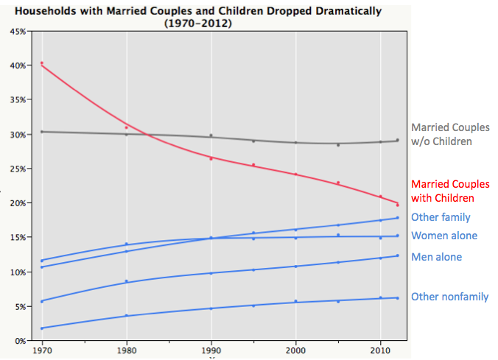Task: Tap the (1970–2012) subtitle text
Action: (x=198, y=24)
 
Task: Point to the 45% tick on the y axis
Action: (x=18, y=31)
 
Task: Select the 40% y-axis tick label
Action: (x=18, y=66)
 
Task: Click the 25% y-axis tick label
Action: (x=18, y=169)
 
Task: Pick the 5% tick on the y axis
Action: (x=20, y=306)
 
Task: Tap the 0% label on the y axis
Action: (x=20, y=340)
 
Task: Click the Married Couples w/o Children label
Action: (x=449, y=134)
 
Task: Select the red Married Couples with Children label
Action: (x=449, y=191)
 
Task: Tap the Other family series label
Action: (x=441, y=217)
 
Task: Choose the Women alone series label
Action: (x=443, y=236)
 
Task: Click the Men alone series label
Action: (x=436, y=257)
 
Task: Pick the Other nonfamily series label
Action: (x=449, y=297)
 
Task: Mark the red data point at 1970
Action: (x=42, y=63)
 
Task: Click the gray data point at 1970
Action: (x=42, y=132)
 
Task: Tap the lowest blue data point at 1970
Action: (x=42, y=328)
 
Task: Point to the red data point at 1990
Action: (x=211, y=158)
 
